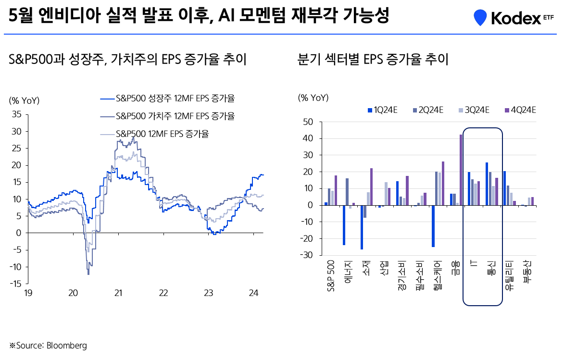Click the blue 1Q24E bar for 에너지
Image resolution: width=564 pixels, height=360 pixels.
344,225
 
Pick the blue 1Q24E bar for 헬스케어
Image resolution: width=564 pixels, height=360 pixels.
433,226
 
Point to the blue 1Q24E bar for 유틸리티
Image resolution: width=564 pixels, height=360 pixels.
504,188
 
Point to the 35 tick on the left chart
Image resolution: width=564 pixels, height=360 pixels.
17,114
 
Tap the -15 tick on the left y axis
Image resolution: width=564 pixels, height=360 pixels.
16,284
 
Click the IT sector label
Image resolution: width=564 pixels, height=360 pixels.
473,264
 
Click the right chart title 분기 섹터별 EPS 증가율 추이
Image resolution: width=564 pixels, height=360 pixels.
373,60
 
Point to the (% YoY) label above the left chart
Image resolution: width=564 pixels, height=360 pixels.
24,100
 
